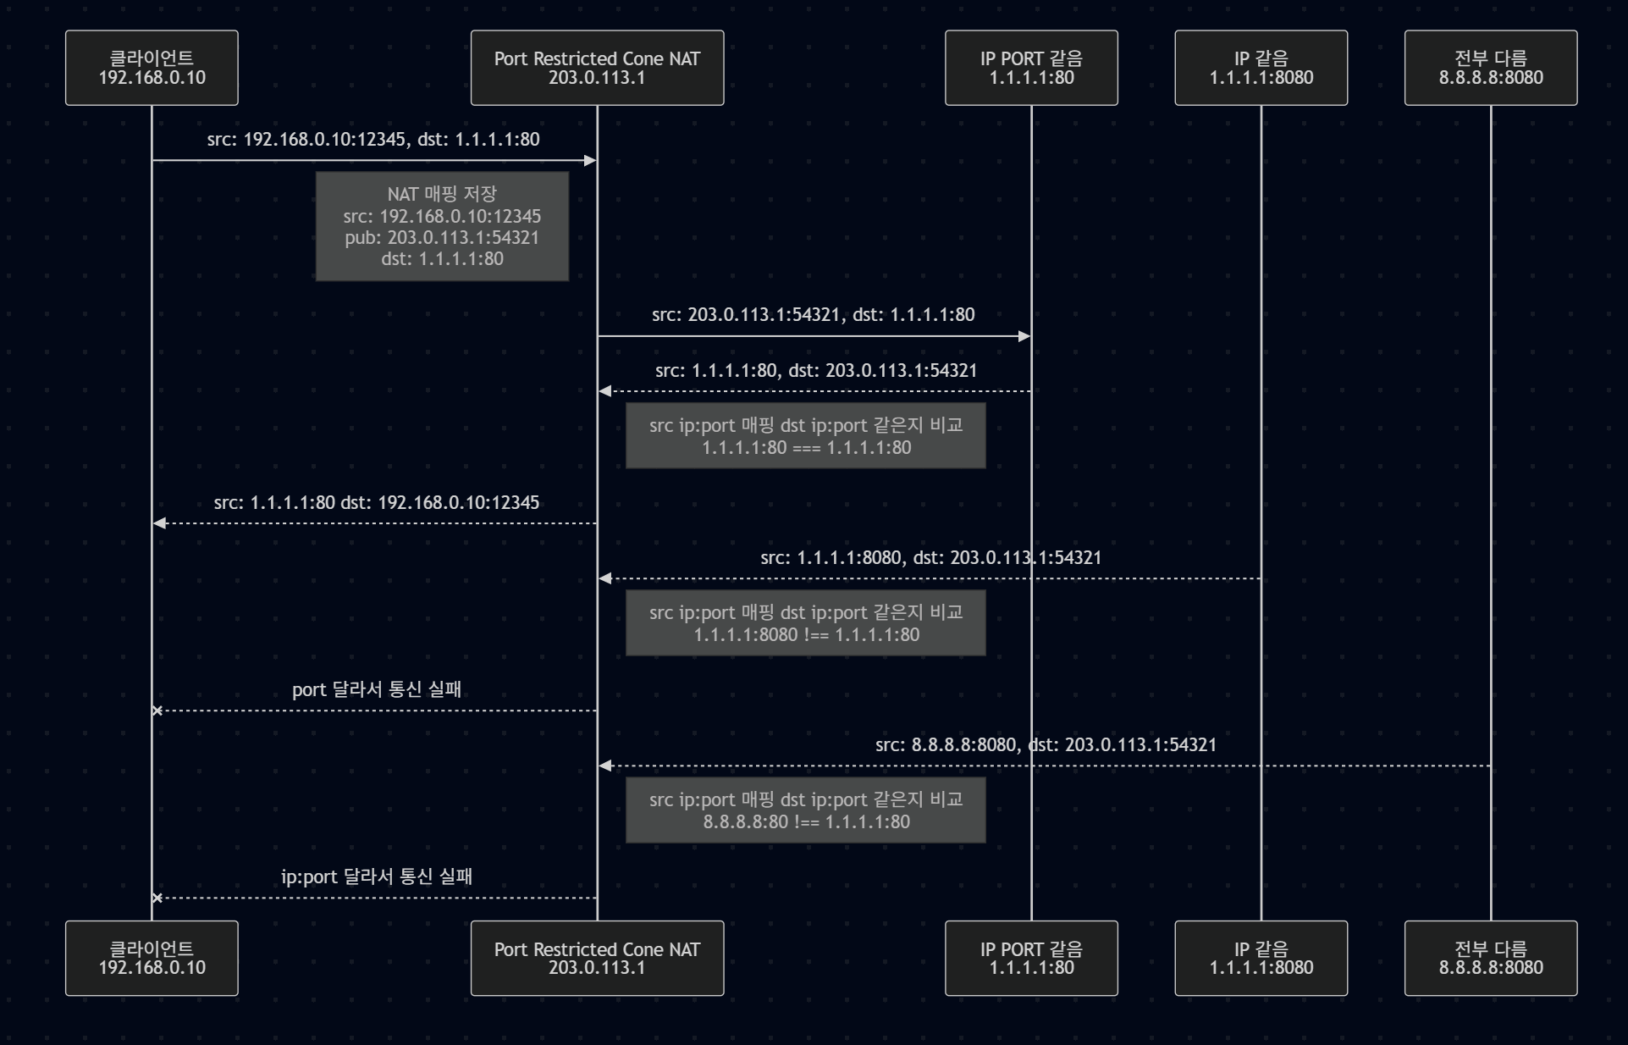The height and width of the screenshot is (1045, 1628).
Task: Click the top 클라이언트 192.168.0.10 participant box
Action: coord(152,68)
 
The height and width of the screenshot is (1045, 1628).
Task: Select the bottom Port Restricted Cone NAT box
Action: coord(597,958)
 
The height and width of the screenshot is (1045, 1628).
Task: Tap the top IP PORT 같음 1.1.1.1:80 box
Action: coord(1031,68)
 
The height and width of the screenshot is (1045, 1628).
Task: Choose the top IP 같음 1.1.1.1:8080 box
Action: coord(1261,68)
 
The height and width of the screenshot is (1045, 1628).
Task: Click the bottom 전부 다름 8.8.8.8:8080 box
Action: coord(1490,958)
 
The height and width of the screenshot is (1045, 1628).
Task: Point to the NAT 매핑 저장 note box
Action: coord(442,226)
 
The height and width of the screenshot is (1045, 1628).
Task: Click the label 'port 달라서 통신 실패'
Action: coord(377,689)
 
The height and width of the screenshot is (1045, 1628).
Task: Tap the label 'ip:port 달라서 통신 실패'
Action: coord(377,876)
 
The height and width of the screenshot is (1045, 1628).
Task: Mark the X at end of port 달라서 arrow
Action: coord(157,710)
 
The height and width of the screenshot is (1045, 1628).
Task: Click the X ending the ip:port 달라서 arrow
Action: coord(157,898)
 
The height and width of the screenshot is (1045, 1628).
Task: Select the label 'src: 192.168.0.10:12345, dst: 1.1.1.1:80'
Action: coord(373,139)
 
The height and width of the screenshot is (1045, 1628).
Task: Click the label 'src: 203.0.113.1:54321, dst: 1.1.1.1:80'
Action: coord(813,315)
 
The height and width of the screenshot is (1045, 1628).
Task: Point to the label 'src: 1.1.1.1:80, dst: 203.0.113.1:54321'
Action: coord(816,371)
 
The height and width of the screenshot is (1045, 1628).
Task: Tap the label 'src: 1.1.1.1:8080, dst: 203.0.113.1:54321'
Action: coord(930,558)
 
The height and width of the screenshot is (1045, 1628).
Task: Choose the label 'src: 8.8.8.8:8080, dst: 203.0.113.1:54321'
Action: coord(1046,745)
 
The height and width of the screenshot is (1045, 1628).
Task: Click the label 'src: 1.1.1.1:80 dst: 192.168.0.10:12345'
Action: coord(376,503)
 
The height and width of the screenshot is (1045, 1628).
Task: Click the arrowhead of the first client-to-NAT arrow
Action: coord(591,160)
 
